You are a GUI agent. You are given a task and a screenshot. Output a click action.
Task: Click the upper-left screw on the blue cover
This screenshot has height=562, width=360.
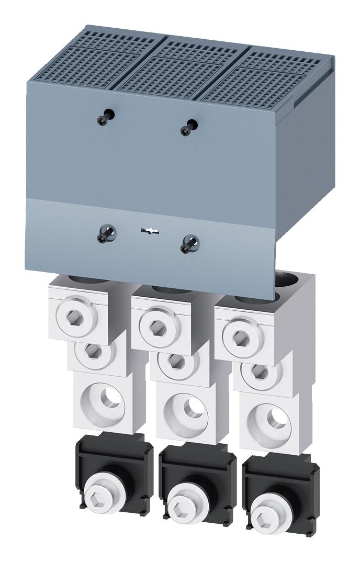(102, 120)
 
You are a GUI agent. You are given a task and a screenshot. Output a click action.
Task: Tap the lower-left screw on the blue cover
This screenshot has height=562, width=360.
(103, 237)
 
